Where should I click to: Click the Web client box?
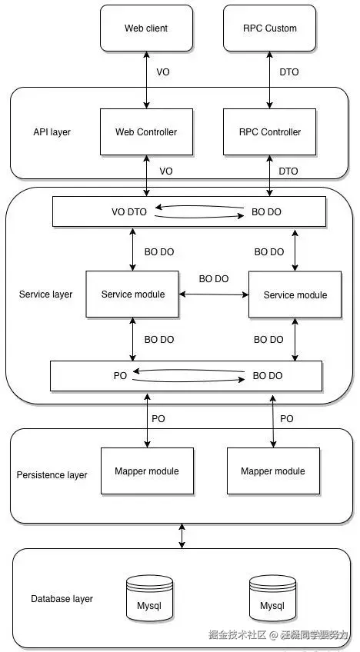click(x=146, y=28)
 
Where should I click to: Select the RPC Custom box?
click(x=270, y=28)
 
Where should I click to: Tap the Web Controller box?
click(x=146, y=131)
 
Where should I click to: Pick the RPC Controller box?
click(x=270, y=131)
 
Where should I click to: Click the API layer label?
click(x=52, y=132)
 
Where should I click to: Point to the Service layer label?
click(x=46, y=294)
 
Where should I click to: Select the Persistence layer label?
click(x=52, y=475)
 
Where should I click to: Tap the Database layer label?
click(x=62, y=599)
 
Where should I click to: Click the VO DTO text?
click(x=129, y=212)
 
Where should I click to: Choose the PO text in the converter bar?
click(x=120, y=375)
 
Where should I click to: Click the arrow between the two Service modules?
click(x=214, y=294)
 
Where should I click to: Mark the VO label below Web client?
click(x=163, y=72)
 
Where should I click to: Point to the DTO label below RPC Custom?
click(x=288, y=72)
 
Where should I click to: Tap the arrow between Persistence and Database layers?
click(x=182, y=536)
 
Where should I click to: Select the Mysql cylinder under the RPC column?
click(x=272, y=598)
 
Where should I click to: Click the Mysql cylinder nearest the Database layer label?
click(x=149, y=598)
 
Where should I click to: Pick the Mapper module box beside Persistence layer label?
click(x=148, y=471)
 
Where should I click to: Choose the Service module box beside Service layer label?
click(x=133, y=294)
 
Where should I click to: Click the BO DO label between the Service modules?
click(x=214, y=279)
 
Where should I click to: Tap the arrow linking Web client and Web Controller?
click(x=146, y=80)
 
